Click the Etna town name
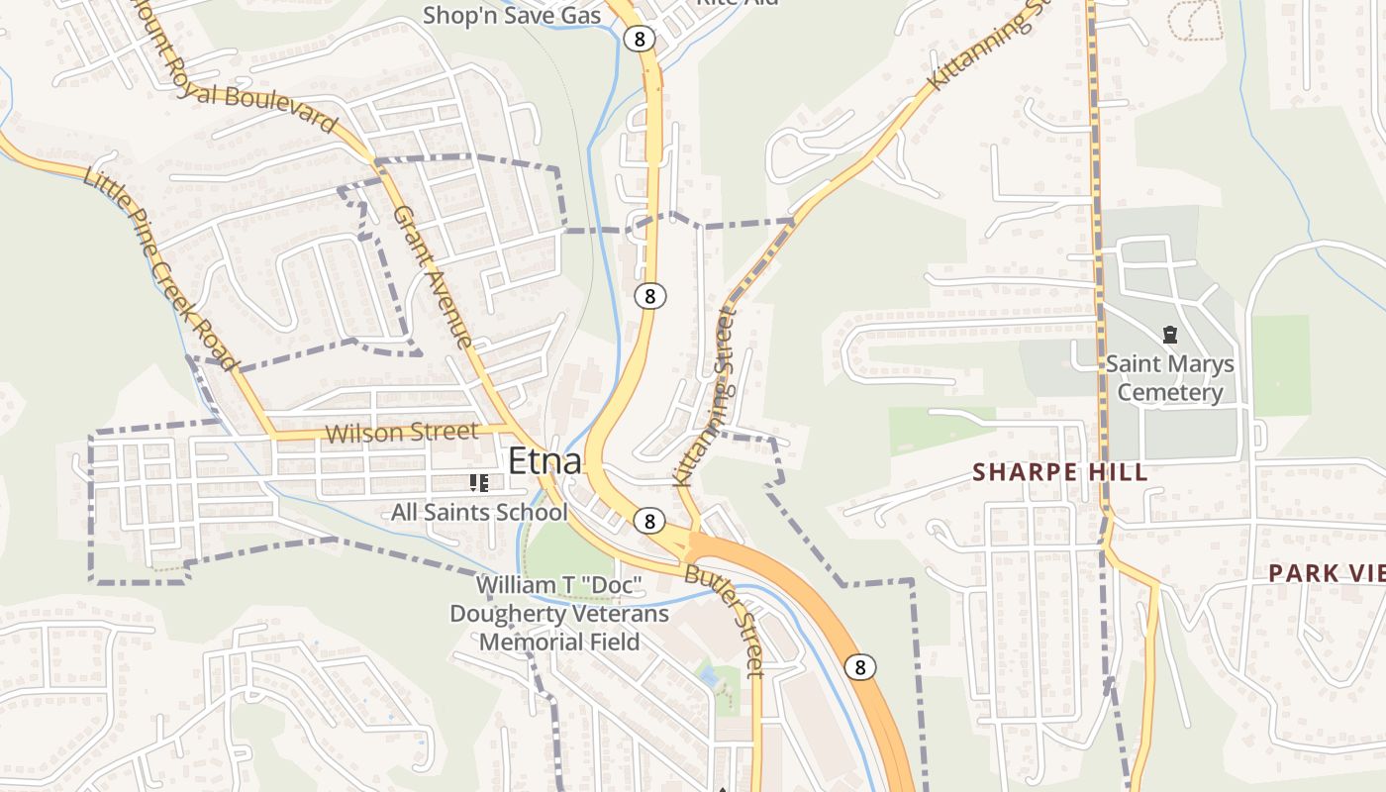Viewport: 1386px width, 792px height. pos(544,461)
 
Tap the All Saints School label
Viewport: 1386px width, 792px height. pos(479,512)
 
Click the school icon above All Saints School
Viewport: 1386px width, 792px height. pos(479,483)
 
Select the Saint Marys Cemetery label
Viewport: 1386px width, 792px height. pos(1169,378)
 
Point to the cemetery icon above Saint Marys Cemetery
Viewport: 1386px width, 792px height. pos(1169,336)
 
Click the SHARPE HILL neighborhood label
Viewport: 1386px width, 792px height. pos(1059,472)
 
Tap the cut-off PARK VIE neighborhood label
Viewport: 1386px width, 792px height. pos(1327,572)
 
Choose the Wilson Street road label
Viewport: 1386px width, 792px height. pos(401,433)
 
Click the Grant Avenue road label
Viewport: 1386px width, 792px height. pos(433,276)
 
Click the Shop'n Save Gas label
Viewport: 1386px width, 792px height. pos(511,16)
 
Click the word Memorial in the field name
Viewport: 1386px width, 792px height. pos(559,642)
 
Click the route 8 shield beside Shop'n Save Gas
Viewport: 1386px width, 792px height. pos(639,39)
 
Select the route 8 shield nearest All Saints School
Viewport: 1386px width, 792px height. pos(648,521)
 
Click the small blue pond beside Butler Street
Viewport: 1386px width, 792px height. pos(707,676)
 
